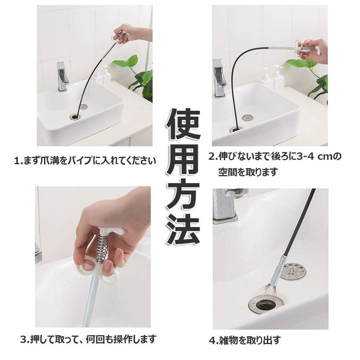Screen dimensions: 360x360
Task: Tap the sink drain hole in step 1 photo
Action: click(x=75, y=116)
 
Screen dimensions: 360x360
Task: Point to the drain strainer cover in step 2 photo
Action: click(x=247, y=118)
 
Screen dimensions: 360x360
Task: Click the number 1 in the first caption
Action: click(x=17, y=161)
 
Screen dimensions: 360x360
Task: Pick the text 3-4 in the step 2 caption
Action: click(x=305, y=157)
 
